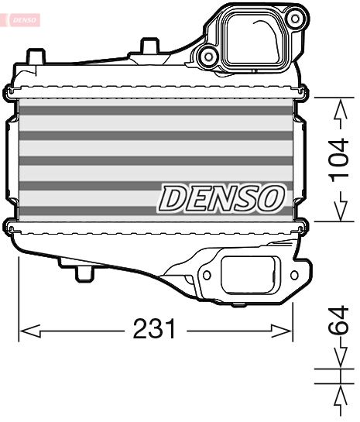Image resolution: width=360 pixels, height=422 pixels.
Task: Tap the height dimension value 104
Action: point(339,159)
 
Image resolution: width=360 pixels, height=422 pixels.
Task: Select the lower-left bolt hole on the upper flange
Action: point(207,54)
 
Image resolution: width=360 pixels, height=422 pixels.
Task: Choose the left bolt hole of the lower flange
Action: point(207,273)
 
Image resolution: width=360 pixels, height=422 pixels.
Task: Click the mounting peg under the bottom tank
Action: point(83,273)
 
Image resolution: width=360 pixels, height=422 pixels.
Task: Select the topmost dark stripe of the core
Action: point(155,111)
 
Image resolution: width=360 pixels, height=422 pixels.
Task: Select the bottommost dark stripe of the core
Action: point(155,210)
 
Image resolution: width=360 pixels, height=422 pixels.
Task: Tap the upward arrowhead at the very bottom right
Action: point(339,397)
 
